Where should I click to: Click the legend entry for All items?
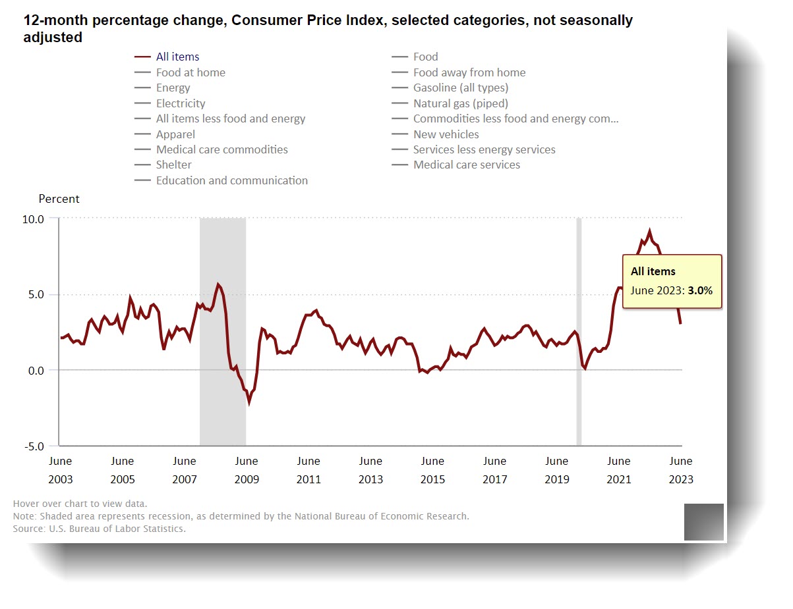pos(177,57)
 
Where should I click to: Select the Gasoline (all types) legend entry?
pos(460,88)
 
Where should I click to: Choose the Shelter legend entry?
pos(173,165)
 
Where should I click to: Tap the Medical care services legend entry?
pos(466,165)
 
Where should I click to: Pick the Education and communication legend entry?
pos(231,180)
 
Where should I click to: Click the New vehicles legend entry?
pos(446,134)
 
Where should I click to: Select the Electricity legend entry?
pos(180,103)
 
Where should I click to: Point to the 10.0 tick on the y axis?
pos(34,219)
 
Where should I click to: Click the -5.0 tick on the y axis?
pos(34,446)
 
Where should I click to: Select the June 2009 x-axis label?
pos(247,470)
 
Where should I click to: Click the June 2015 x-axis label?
pos(432,470)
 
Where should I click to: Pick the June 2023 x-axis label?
pos(680,470)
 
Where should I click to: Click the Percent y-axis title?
pos(59,199)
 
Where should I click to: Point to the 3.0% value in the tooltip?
pos(700,290)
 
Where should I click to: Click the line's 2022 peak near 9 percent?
pos(649,231)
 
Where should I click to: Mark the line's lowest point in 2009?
pos(249,402)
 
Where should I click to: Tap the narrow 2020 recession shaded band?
pos(579,329)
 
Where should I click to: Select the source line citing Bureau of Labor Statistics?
pos(99,529)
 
